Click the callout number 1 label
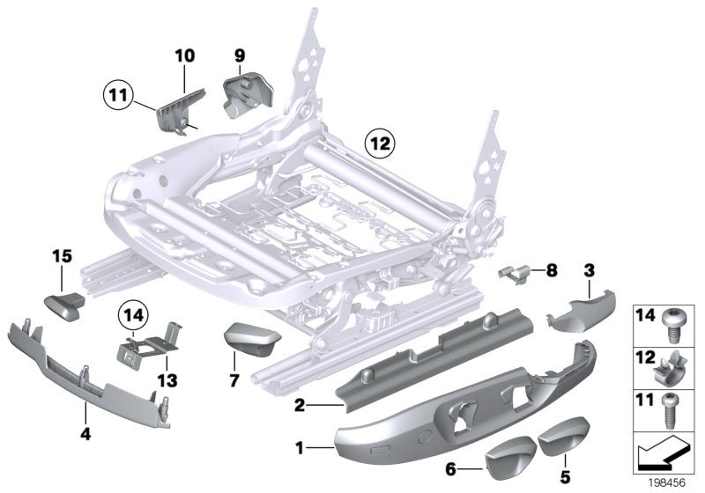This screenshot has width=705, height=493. point(301,448)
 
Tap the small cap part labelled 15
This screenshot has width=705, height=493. point(63,305)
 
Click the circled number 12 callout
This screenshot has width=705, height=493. point(382,141)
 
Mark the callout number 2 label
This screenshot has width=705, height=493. point(301,406)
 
